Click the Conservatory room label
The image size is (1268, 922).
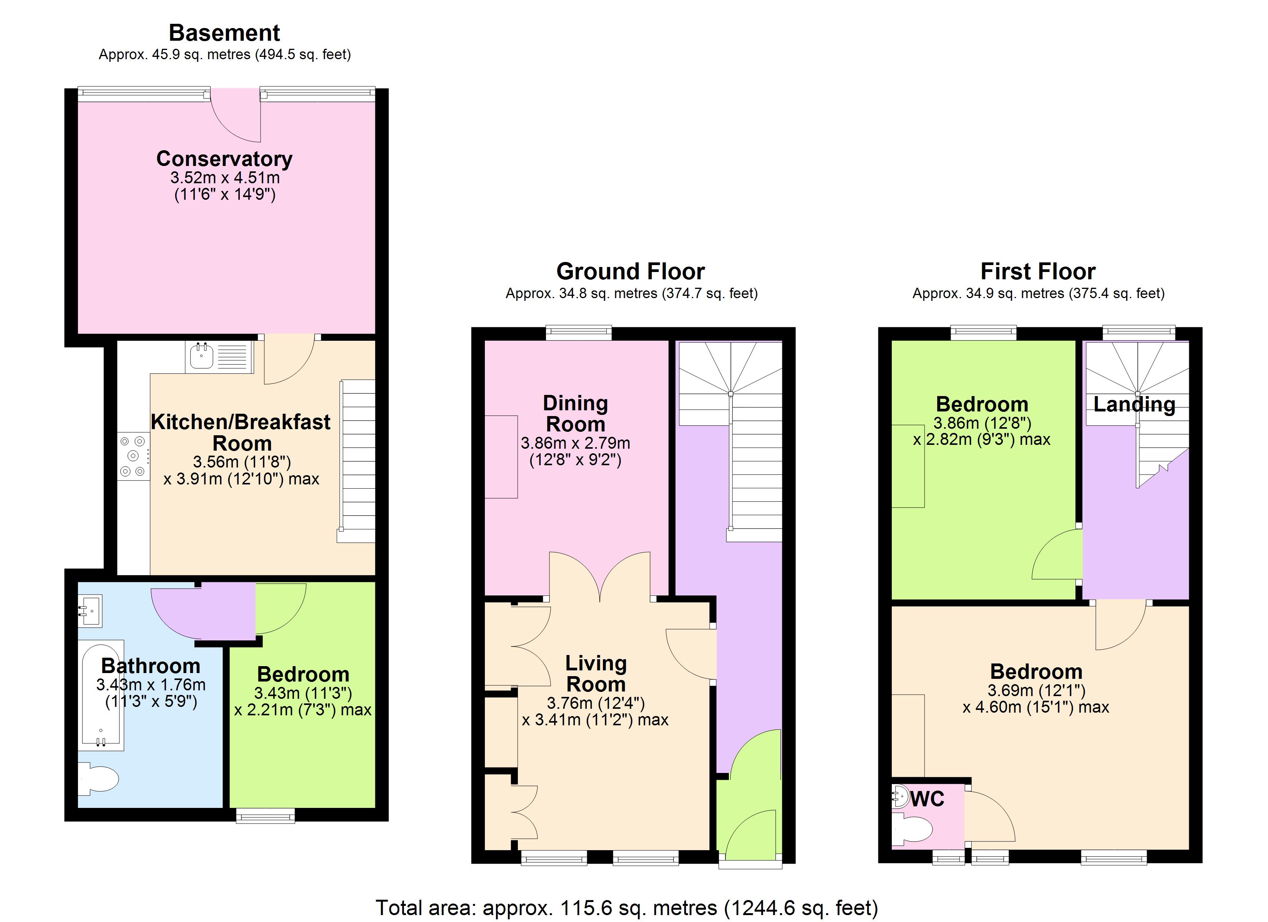pos(224,159)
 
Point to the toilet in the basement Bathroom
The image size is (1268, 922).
pos(99,779)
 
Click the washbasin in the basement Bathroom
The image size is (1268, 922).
pos(90,612)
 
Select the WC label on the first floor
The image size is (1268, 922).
pos(928,799)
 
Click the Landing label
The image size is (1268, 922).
pos(1134,404)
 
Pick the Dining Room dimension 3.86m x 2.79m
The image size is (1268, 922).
pos(575,443)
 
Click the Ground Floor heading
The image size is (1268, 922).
pos(630,272)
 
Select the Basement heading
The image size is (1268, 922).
pos(224,33)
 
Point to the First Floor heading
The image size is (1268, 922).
pos(1038,272)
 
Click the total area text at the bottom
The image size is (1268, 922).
pos(627,907)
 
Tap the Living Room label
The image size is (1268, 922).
pos(596,674)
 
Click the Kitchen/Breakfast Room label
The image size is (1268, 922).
pos(241,432)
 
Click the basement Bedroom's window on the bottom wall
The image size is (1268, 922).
pos(265,817)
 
